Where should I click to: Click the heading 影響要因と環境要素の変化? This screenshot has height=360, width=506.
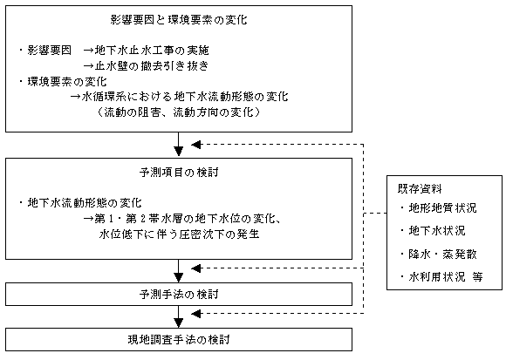point(179,20)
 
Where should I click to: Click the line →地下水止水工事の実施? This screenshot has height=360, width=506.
point(147,51)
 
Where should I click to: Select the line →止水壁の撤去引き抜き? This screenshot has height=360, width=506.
point(146,65)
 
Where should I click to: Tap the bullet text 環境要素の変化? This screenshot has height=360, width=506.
point(67,82)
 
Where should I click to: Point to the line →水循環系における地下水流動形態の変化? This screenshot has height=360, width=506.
point(180,97)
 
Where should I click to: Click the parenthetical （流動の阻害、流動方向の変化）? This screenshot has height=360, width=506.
point(179,112)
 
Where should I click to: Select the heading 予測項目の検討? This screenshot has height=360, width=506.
point(179,173)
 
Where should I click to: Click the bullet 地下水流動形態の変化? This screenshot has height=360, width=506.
point(85,203)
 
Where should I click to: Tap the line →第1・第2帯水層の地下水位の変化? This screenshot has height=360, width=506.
point(182,219)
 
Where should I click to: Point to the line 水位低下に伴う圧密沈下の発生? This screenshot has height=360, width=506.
point(179,234)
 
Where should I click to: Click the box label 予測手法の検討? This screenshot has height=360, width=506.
point(179,295)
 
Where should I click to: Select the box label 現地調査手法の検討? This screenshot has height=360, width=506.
point(179,340)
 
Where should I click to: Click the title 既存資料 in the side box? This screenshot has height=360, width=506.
point(420,189)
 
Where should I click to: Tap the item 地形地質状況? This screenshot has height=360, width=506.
point(442,208)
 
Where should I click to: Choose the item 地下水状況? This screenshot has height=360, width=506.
point(437,231)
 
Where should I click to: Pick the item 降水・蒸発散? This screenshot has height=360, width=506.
point(442,255)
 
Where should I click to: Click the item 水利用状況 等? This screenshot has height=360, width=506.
point(446,277)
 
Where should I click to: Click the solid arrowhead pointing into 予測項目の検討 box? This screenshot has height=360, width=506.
point(179,152)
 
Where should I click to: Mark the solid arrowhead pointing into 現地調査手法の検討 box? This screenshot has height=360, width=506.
point(179,323)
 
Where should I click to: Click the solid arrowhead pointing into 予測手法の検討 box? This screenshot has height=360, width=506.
point(179,277)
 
